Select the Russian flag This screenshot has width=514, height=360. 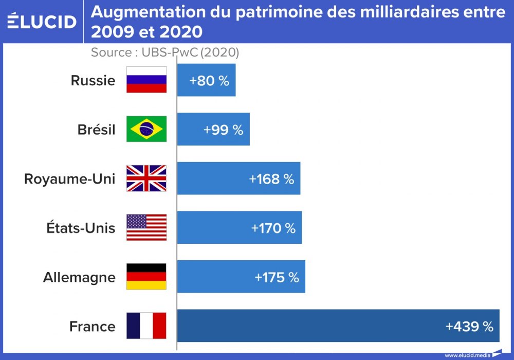coord(146,80)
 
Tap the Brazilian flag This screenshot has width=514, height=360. coord(146,129)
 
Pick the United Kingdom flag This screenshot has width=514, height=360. coord(146,178)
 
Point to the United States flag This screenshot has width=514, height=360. coord(146,228)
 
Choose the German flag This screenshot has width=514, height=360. coord(146,277)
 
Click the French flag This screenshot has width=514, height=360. coord(146,326)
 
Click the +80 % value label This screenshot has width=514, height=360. coord(209,81)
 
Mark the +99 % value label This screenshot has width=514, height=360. coord(223,130)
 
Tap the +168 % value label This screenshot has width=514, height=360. coord(271,179)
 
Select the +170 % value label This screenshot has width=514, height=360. coord(273,228)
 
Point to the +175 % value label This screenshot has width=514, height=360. coord(277,278)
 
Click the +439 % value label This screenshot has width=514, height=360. coord(469,327)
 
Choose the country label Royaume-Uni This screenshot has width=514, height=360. coord(70,179)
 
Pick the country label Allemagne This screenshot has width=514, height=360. coord(79,278)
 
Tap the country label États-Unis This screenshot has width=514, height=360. coord(81,228)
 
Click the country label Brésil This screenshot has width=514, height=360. coord(97,130)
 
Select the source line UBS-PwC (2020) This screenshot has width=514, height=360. coord(164,52)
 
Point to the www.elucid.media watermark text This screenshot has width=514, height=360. coord(467,355)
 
